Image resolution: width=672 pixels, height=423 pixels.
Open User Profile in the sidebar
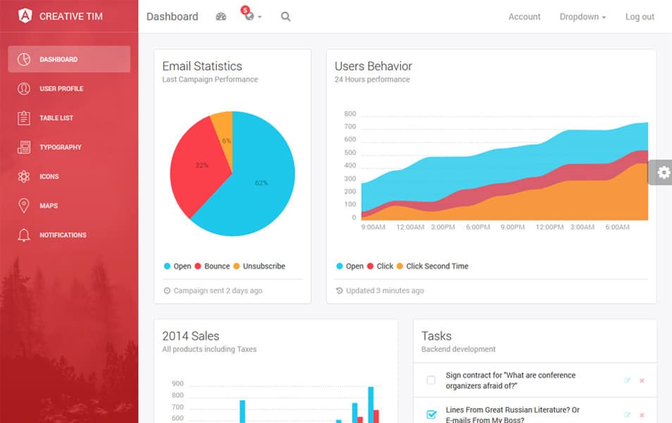pyautogui.click(x=61, y=89)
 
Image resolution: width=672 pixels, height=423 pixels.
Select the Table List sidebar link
pyautogui.click(x=56, y=118)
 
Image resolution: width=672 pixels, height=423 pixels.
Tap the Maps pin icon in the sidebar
pyautogui.click(x=24, y=206)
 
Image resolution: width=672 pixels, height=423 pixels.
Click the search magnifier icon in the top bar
pyautogui.click(x=285, y=17)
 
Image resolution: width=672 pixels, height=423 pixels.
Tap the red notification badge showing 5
pyautogui.click(x=245, y=10)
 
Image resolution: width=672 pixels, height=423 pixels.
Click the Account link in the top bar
pyautogui.click(x=524, y=17)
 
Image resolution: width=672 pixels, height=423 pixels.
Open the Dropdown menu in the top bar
pyautogui.click(x=583, y=17)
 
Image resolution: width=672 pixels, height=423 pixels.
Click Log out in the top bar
pyautogui.click(x=640, y=17)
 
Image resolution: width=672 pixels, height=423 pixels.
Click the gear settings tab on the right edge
pyautogui.click(x=663, y=172)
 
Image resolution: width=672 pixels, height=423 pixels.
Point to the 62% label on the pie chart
pyautogui.click(x=261, y=183)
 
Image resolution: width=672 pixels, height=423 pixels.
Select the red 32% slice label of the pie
pyautogui.click(x=201, y=165)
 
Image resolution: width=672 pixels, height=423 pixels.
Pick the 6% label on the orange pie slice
pyautogui.click(x=226, y=140)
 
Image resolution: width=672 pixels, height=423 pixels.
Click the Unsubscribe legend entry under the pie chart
pyautogui.click(x=263, y=266)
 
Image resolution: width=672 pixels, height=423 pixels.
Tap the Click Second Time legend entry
pyautogui.click(x=437, y=266)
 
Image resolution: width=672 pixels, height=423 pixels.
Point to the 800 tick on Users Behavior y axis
pyautogui.click(x=350, y=114)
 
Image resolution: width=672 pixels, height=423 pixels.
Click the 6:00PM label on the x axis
pyautogui.click(x=478, y=227)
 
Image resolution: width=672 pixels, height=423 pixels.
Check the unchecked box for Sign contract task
pyautogui.click(x=431, y=381)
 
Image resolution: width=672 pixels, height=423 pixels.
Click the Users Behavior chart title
pyautogui.click(x=373, y=66)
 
